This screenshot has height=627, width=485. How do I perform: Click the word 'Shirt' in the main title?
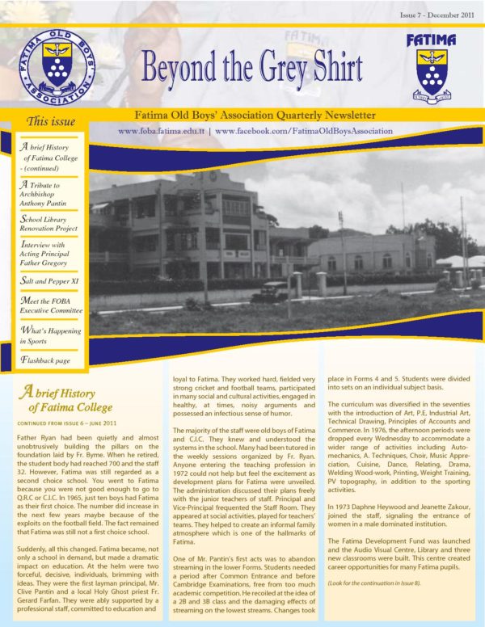(x=328, y=69)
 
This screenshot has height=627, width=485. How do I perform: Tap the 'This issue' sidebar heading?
(x=51, y=122)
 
